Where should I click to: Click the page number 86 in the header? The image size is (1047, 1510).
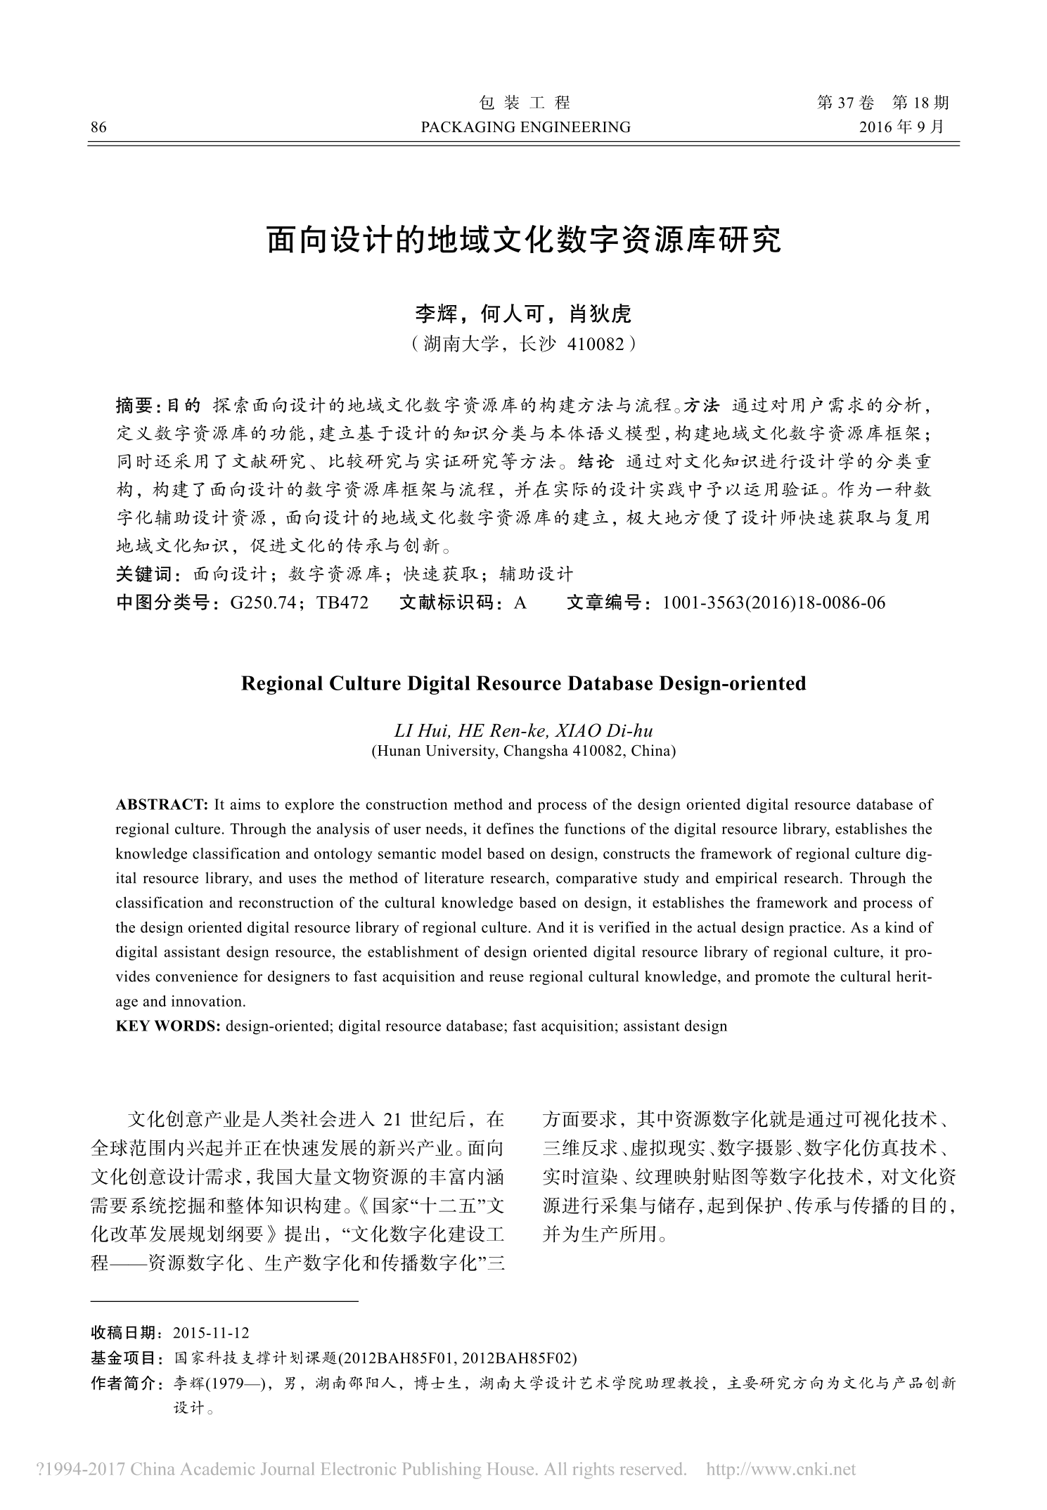[x=98, y=127]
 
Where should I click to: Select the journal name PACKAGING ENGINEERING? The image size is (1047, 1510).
[x=525, y=127]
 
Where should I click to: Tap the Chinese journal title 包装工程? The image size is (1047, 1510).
[x=525, y=103]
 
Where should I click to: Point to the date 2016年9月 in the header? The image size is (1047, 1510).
[x=903, y=127]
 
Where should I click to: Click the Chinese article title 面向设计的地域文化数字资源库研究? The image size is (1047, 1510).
[x=524, y=240]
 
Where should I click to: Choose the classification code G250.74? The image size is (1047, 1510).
[x=263, y=602]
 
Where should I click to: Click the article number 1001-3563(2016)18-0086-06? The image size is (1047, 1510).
[x=773, y=602]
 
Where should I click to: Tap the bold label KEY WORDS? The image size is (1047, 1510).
[x=167, y=1026]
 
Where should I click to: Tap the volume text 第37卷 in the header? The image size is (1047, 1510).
[x=846, y=103]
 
